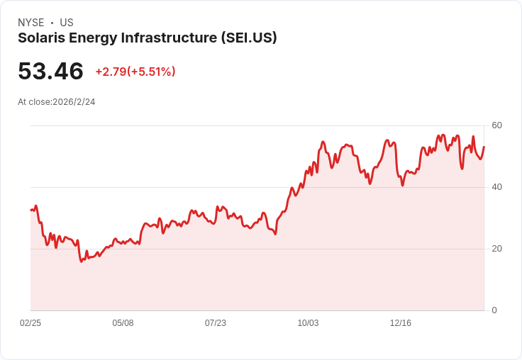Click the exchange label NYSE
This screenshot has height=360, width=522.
point(30,23)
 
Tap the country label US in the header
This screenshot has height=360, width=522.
point(67,23)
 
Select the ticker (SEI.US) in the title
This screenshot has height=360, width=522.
point(248,38)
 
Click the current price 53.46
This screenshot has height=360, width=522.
point(50,71)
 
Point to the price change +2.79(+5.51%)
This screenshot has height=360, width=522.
point(135,72)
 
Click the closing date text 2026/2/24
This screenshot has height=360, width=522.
point(74,102)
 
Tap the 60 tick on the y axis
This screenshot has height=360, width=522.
point(497,125)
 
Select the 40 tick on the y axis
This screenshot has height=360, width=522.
point(497,187)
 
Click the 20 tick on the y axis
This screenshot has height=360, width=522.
point(497,249)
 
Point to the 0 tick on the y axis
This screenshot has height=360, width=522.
point(494,310)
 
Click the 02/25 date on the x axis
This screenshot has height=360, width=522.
point(30,323)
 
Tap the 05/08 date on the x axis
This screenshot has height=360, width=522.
point(123,323)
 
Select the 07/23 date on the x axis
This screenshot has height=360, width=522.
point(216,323)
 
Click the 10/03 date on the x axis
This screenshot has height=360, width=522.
point(308,323)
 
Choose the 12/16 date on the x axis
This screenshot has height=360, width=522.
point(401,323)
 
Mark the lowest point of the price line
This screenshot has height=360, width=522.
point(82,261)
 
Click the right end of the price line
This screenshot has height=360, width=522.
point(484,147)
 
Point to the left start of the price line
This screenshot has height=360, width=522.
point(30,210)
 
